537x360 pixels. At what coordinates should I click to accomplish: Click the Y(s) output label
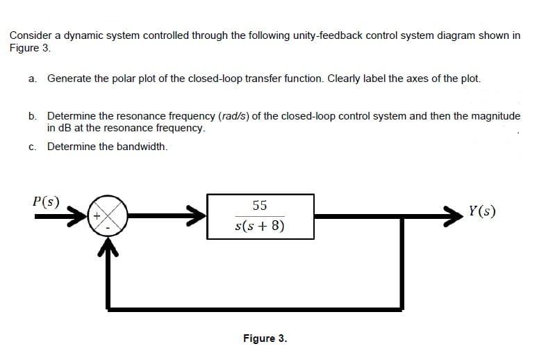pyautogui.click(x=482, y=211)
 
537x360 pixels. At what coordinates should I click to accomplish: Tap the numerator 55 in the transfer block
pyautogui.click(x=260, y=205)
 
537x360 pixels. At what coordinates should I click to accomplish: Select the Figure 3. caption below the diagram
pyautogui.click(x=265, y=338)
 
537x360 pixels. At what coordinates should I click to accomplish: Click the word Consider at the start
pyautogui.click(x=29, y=36)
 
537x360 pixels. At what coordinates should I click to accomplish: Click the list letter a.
pyautogui.click(x=32, y=79)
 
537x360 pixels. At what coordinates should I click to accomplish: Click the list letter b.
pyautogui.click(x=32, y=116)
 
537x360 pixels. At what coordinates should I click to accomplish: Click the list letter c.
pyautogui.click(x=32, y=147)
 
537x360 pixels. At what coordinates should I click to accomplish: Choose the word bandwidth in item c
pyautogui.click(x=142, y=147)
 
